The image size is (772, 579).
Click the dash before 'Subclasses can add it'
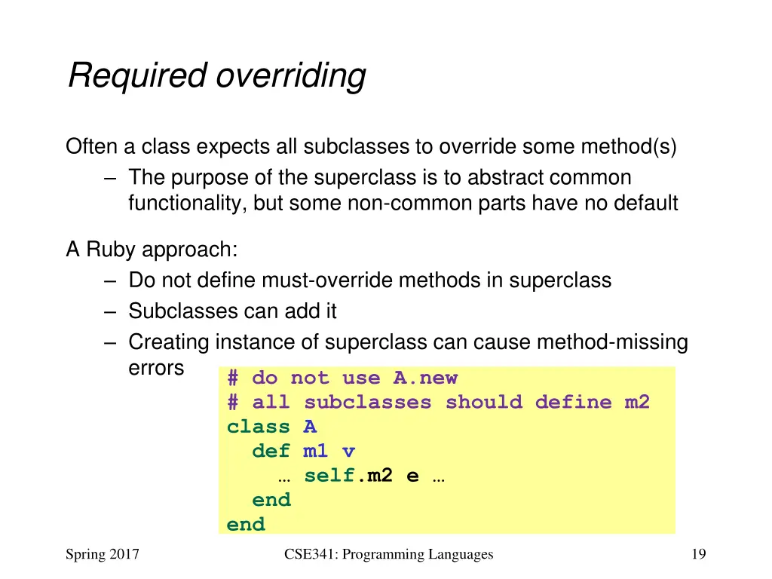[x=111, y=311]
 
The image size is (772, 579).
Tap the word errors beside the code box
[x=156, y=368]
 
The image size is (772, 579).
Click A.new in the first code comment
[x=425, y=378]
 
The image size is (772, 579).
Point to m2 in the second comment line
[x=637, y=402]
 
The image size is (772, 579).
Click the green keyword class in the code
[x=259, y=427]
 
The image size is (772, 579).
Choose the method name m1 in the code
[x=316, y=452]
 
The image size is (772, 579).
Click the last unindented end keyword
[x=246, y=525]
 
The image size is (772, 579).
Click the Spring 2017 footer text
[x=103, y=555]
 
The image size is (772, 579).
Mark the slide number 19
[x=698, y=555]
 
